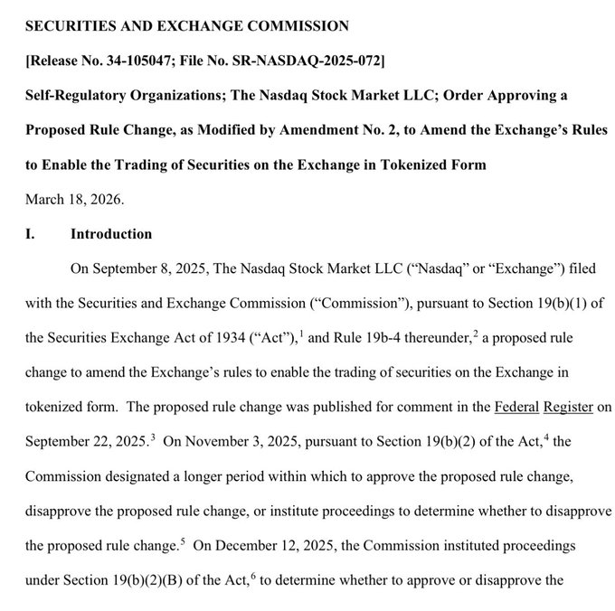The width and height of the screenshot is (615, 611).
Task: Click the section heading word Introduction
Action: [111, 234]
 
